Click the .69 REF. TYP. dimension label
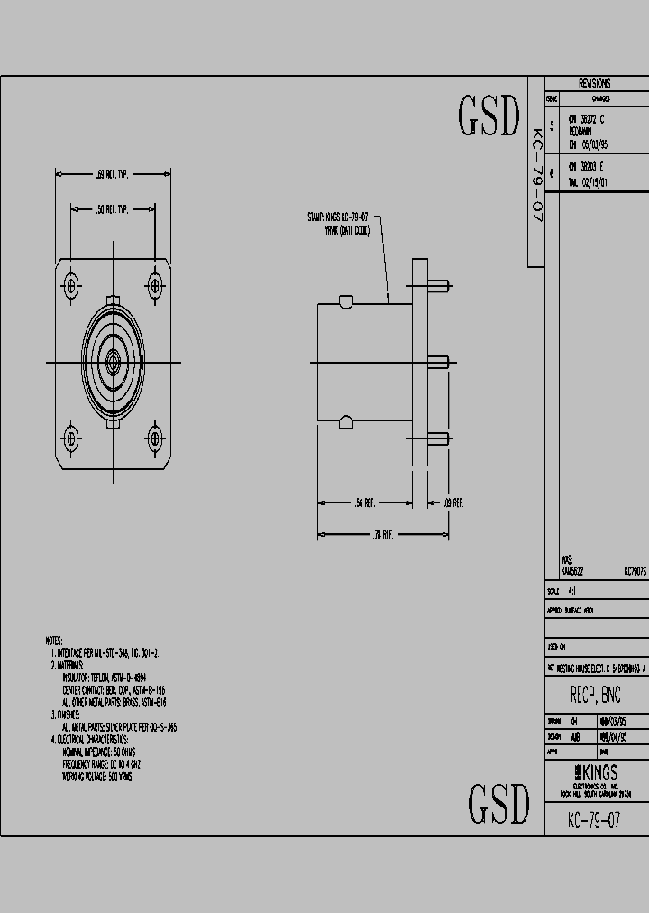[x=113, y=174]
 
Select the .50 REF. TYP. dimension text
[x=113, y=208]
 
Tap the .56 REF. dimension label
[x=365, y=503]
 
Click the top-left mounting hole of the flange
[x=71, y=287]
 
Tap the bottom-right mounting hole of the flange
[x=154, y=439]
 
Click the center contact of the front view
[x=113, y=363]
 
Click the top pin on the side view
[x=438, y=287]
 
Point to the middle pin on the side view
[x=438, y=363]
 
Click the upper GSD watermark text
[x=489, y=116]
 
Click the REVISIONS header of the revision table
[x=595, y=83]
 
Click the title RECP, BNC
[x=595, y=696]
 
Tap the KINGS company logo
[x=596, y=773]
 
